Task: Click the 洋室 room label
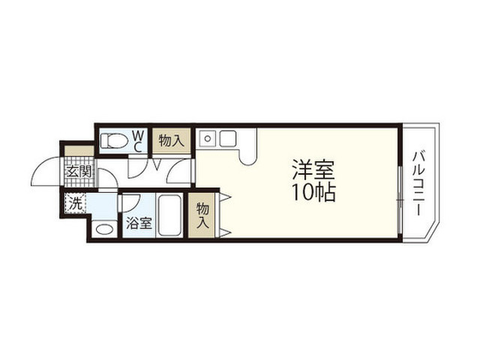point(313,169)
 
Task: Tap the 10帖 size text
point(314,192)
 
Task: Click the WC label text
point(138,141)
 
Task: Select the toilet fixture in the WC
point(113,141)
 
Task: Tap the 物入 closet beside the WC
point(172,141)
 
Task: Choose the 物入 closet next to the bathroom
point(202,215)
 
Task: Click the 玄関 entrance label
point(79,172)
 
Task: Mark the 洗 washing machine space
point(75,203)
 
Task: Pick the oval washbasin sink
point(104,229)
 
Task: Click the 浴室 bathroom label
point(139,223)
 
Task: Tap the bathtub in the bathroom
point(169,215)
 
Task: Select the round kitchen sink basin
point(208,139)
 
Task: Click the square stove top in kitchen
point(228,138)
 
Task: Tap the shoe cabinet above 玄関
point(79,151)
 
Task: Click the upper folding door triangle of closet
point(224,197)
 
